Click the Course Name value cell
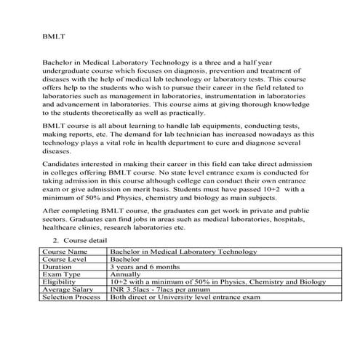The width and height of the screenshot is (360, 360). [x=183, y=252]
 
